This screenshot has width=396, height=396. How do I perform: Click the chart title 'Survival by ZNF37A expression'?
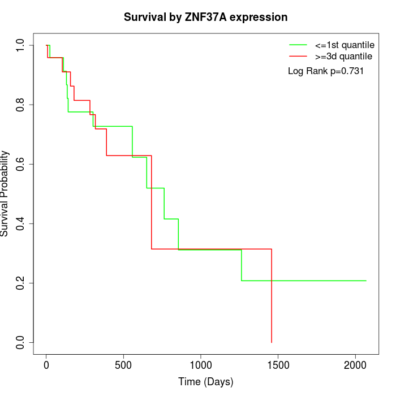(206, 18)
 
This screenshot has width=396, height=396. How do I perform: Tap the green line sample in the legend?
(298, 45)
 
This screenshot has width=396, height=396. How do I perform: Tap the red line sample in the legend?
(298, 56)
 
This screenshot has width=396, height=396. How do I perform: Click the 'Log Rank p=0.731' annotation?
(325, 71)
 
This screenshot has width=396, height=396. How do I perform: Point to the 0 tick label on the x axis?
(46, 365)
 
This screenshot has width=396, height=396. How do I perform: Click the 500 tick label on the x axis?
(123, 365)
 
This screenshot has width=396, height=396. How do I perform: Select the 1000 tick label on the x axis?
(201, 365)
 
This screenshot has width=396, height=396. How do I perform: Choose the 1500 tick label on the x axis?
(278, 365)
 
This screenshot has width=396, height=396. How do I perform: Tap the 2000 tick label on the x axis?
(355, 365)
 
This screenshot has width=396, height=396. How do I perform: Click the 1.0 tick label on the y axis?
(21, 45)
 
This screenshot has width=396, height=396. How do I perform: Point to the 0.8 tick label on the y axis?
(21, 105)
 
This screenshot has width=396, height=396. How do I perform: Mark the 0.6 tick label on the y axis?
(21, 164)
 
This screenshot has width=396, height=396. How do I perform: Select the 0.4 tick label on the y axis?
(21, 223)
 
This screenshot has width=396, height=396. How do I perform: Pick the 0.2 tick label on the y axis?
(21, 283)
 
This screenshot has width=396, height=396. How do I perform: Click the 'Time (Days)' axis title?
(206, 382)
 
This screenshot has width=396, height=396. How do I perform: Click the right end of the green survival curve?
(365, 281)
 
